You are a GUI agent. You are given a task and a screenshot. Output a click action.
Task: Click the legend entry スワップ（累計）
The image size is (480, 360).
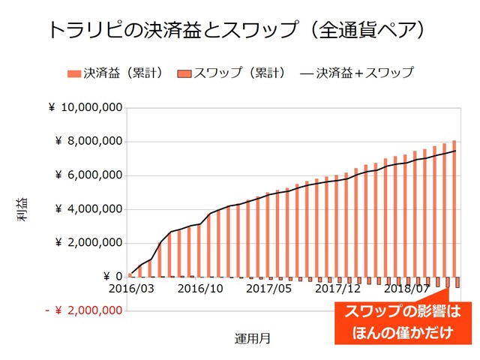(232, 73)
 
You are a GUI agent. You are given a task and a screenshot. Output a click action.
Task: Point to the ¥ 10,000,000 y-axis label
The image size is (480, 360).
(85, 108)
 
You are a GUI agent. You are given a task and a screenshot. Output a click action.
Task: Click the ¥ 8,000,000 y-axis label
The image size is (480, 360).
(88, 142)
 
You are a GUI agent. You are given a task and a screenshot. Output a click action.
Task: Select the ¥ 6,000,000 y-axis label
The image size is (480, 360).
(88, 175)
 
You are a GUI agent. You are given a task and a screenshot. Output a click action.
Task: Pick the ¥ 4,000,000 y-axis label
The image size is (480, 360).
(88, 209)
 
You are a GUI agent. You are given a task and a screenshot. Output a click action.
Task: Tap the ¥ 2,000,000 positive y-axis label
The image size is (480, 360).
(88, 243)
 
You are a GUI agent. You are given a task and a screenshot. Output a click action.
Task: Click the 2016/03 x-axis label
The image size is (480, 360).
(130, 288)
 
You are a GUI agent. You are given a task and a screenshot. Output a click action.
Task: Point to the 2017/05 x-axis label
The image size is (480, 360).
(268, 288)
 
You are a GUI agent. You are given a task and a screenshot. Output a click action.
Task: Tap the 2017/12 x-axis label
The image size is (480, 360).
(337, 288)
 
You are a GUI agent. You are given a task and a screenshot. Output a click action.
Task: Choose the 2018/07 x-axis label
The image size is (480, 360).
(406, 288)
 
